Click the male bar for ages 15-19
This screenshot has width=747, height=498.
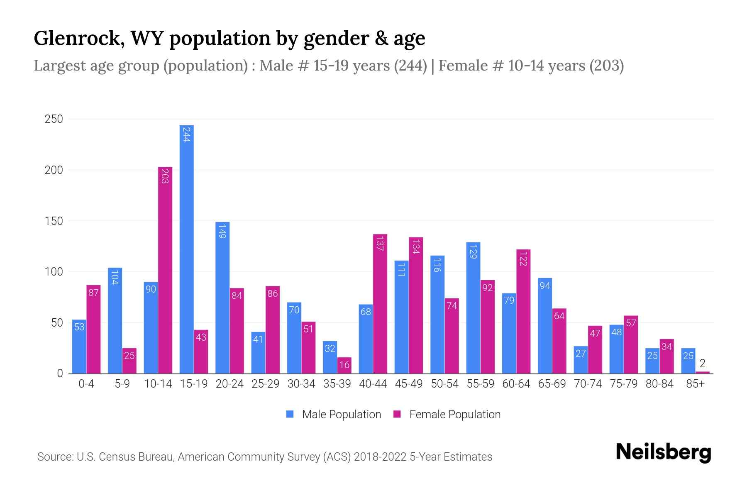(x=187, y=249)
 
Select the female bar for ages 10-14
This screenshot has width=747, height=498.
(x=165, y=270)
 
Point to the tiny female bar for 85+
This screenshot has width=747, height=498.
(x=702, y=372)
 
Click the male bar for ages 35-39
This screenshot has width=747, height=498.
(x=330, y=357)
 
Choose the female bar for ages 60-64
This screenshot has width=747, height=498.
(x=523, y=311)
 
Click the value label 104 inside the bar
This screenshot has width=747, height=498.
(x=115, y=277)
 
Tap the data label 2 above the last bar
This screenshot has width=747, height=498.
(x=702, y=364)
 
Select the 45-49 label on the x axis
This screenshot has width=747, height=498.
(x=409, y=384)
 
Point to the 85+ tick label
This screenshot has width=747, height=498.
(x=695, y=384)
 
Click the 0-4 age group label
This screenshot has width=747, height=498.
(x=86, y=384)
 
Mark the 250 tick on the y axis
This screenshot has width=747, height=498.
(x=54, y=119)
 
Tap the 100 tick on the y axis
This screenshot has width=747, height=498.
(x=54, y=272)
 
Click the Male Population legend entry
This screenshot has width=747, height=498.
(x=341, y=415)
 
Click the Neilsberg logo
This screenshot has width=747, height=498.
(x=663, y=452)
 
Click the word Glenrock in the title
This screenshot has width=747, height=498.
(x=78, y=39)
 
